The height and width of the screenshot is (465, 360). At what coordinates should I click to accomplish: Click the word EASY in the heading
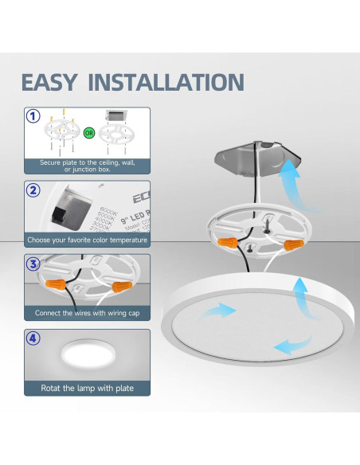[x=50, y=82]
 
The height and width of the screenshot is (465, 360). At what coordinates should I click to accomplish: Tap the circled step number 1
[x=33, y=116]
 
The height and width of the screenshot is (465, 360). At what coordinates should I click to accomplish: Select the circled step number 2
[x=33, y=191]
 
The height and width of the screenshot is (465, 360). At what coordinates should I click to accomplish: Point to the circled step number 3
[x=33, y=264]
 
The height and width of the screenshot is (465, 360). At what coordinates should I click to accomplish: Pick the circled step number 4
[x=33, y=338]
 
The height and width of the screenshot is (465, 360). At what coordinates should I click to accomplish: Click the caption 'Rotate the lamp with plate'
[x=87, y=389]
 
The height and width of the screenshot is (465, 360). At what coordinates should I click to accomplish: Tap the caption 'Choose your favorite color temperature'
[x=88, y=240]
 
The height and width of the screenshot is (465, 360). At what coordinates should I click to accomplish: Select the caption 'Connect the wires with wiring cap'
[x=88, y=314]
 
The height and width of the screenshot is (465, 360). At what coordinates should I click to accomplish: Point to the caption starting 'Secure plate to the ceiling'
[x=88, y=165]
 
